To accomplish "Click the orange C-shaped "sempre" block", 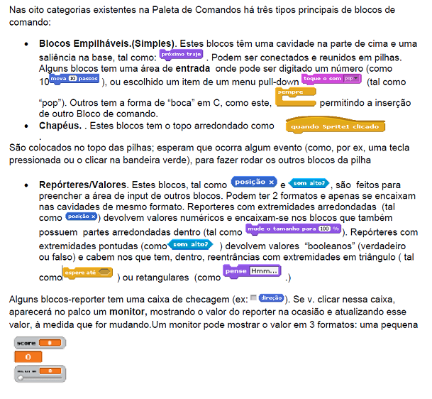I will [294, 97].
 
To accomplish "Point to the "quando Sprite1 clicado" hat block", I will [335, 126].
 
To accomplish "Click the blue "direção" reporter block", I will [271, 298].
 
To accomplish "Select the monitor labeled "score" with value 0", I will [40, 344].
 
